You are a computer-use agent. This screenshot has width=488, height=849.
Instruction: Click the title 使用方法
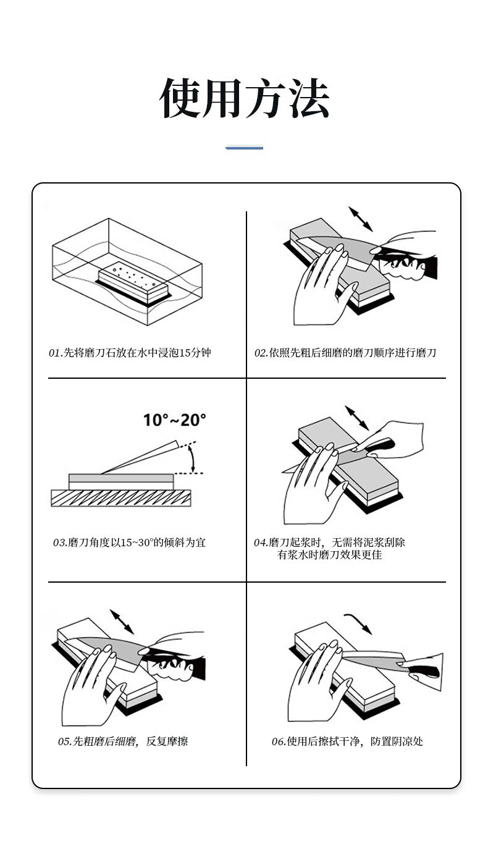coord(245,98)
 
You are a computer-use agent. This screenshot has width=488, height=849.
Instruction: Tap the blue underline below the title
coord(245,148)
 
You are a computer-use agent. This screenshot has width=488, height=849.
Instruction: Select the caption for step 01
coord(130,353)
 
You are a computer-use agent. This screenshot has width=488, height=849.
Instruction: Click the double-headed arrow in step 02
coord(361,219)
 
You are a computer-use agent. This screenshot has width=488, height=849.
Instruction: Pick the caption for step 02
coord(345,353)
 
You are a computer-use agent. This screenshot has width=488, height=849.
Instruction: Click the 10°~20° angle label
coord(175,420)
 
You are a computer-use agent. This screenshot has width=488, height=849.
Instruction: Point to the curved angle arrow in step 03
coord(193,458)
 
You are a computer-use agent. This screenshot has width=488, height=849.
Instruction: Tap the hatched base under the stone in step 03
coord(121,498)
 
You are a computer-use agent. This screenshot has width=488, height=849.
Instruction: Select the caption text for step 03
coord(129,543)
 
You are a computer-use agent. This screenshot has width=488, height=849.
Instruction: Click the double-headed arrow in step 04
coord(357,418)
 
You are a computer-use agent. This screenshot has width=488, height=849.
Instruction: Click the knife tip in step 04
coord(282,472)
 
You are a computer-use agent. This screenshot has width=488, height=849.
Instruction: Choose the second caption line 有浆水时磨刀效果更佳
coord(329,555)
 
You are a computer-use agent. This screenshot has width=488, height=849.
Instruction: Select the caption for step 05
coord(123,741)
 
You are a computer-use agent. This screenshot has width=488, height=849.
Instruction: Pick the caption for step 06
coord(347,741)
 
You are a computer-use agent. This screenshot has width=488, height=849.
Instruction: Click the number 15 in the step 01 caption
coord(184,353)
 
